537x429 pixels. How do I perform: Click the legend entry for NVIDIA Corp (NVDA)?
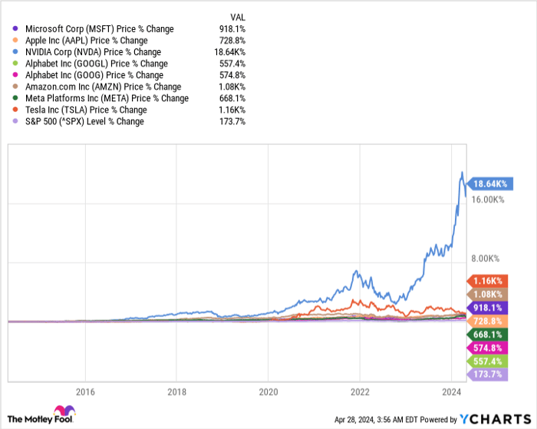coord(93,52)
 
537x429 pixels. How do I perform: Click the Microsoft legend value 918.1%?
coord(230,29)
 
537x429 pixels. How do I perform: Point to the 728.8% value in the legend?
coord(230,41)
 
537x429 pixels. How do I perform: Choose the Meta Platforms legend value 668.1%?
coord(230,98)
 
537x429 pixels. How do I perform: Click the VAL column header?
coord(238,16)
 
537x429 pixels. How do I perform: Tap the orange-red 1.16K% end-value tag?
coord(491,282)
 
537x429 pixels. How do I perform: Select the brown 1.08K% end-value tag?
coord(491,295)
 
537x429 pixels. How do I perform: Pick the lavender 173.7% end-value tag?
coord(491,374)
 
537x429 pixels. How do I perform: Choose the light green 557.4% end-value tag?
coord(491,361)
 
